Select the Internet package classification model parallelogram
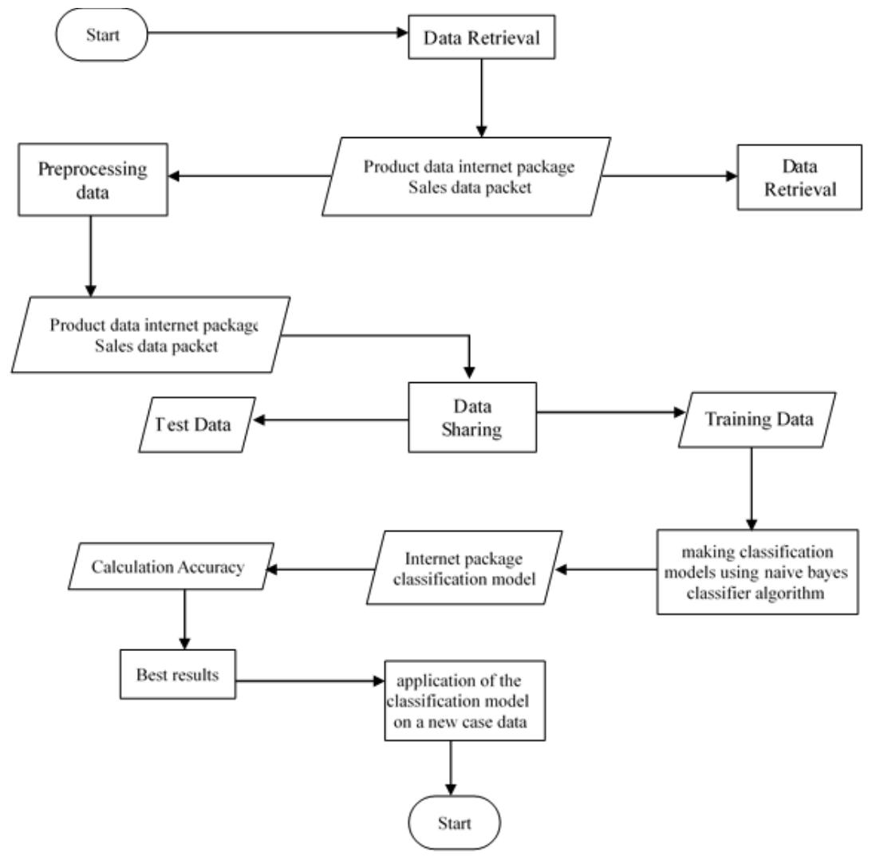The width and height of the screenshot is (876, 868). coord(464,567)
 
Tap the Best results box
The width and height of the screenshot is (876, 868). coord(177,674)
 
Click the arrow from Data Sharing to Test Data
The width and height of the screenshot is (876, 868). coord(327,420)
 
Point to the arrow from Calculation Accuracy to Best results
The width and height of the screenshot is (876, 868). coord(184,618)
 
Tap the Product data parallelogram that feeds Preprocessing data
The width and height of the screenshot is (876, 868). coord(466,176)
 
